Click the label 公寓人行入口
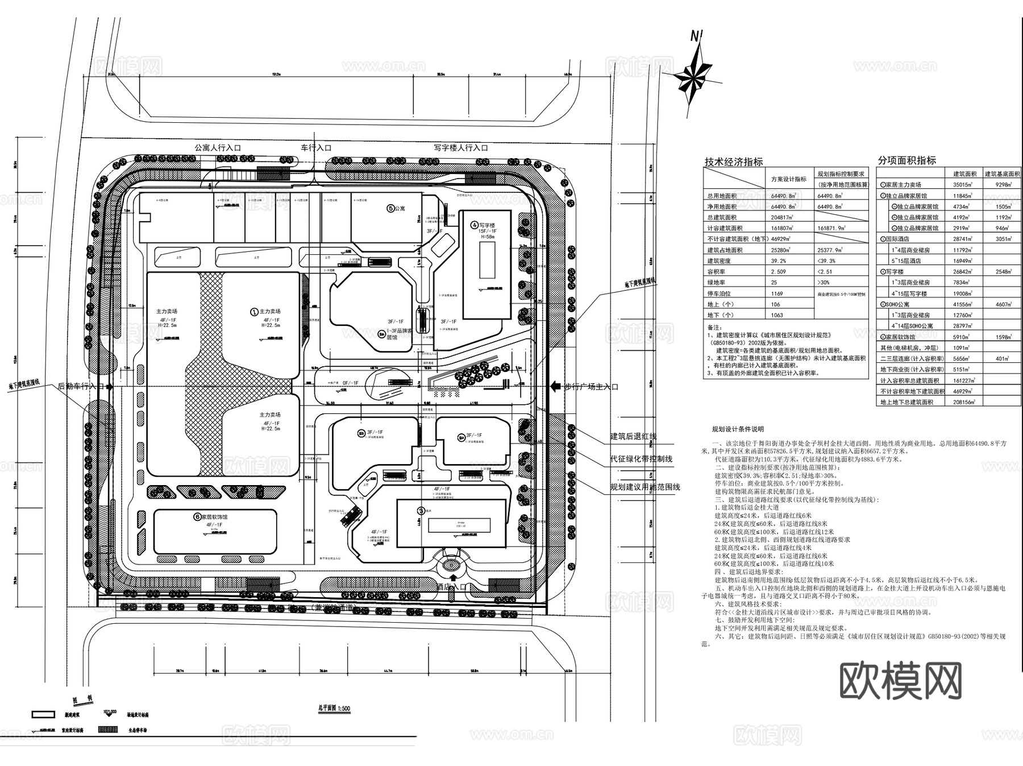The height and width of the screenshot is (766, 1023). (x=218, y=148)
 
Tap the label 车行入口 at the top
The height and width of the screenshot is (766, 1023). (x=316, y=148)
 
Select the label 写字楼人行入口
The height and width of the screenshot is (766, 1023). (x=460, y=148)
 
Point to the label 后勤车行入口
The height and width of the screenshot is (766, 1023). (x=82, y=386)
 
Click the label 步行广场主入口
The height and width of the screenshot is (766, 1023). (x=590, y=387)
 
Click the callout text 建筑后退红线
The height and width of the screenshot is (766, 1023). (x=633, y=436)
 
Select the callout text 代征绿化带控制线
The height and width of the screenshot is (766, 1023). (x=641, y=458)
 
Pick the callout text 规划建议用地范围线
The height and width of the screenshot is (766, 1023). (x=644, y=487)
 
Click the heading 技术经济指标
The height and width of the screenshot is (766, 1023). (x=734, y=162)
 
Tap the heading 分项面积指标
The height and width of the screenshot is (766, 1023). (x=906, y=161)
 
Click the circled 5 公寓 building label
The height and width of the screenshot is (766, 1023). (x=396, y=209)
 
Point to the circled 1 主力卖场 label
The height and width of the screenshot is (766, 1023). (x=265, y=312)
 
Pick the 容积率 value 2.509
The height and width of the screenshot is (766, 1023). (x=779, y=272)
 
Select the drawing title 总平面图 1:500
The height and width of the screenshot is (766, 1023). (x=334, y=709)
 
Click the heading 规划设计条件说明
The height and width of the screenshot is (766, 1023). (x=738, y=429)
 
